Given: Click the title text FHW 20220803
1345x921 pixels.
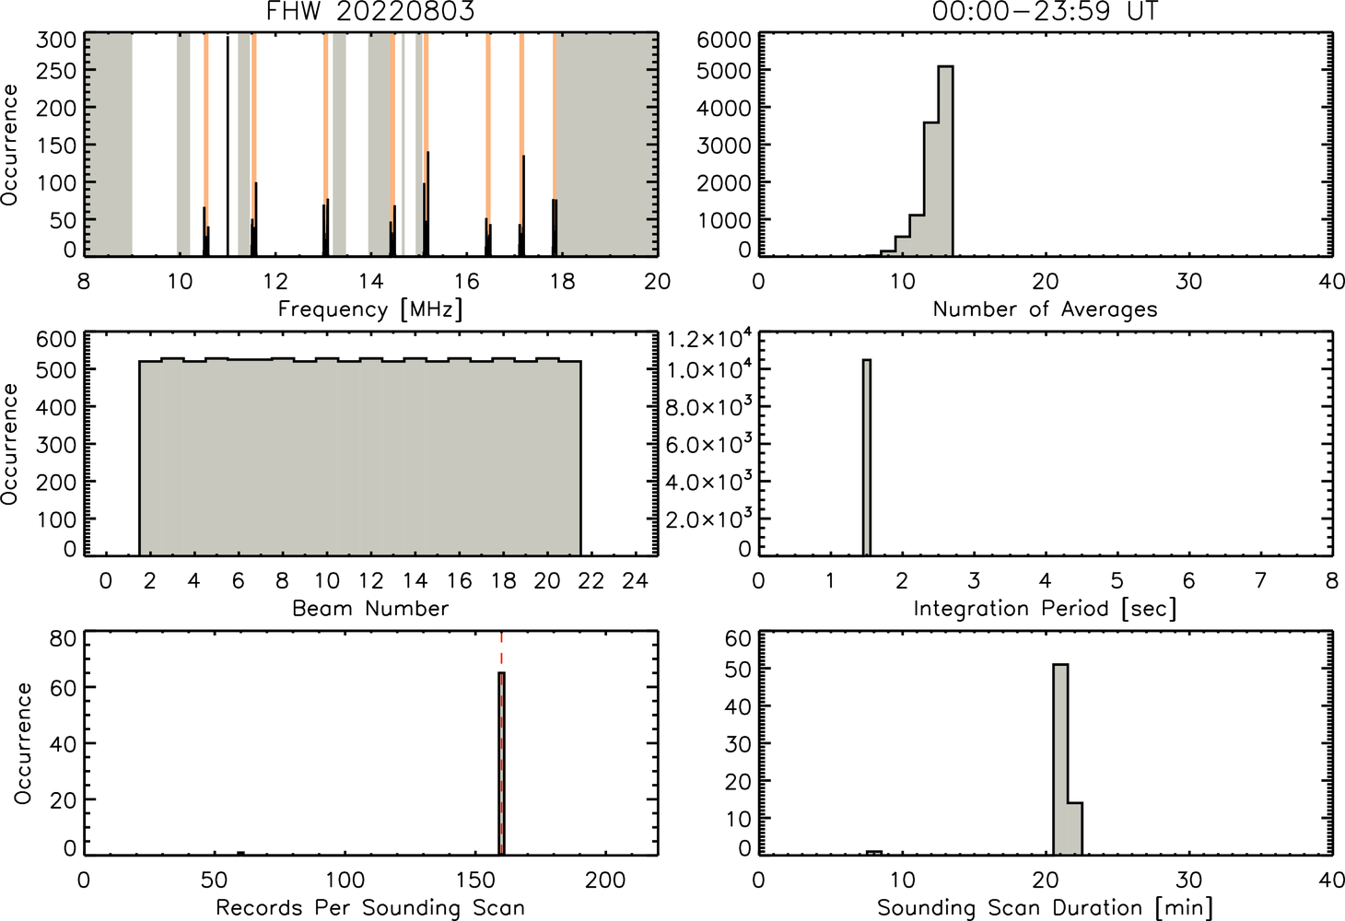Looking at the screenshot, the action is (370, 11).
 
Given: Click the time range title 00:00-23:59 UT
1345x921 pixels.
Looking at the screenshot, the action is (1045, 11).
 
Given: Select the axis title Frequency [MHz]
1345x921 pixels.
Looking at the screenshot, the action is (370, 309).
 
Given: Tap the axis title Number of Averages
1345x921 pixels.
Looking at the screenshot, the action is (1045, 309).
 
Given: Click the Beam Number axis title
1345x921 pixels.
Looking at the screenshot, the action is (370, 608).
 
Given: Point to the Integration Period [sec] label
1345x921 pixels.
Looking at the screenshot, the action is (1045, 609).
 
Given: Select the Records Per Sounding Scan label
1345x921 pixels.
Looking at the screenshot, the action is (370, 907).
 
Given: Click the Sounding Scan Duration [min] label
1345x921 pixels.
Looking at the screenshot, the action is (1045, 907).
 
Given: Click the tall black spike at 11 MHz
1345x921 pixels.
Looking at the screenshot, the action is (228, 146).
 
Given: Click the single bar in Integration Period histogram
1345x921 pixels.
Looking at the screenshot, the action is (867, 458).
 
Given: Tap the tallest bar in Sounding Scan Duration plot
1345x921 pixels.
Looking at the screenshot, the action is (1060, 759).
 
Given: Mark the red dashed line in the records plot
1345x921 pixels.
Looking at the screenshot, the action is (501, 742).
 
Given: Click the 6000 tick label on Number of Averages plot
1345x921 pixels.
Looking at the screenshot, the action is (723, 41).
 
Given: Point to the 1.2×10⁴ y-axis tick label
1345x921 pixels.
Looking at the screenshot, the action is (709, 339).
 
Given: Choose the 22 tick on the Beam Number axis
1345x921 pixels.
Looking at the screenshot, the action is (591, 580).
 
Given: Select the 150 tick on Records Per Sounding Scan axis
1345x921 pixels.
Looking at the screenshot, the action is (475, 880).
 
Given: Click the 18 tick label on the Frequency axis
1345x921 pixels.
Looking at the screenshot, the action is (562, 282).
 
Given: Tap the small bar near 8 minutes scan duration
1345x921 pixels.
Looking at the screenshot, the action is (873, 853).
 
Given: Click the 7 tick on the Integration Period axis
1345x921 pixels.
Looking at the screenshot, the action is (1260, 580).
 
